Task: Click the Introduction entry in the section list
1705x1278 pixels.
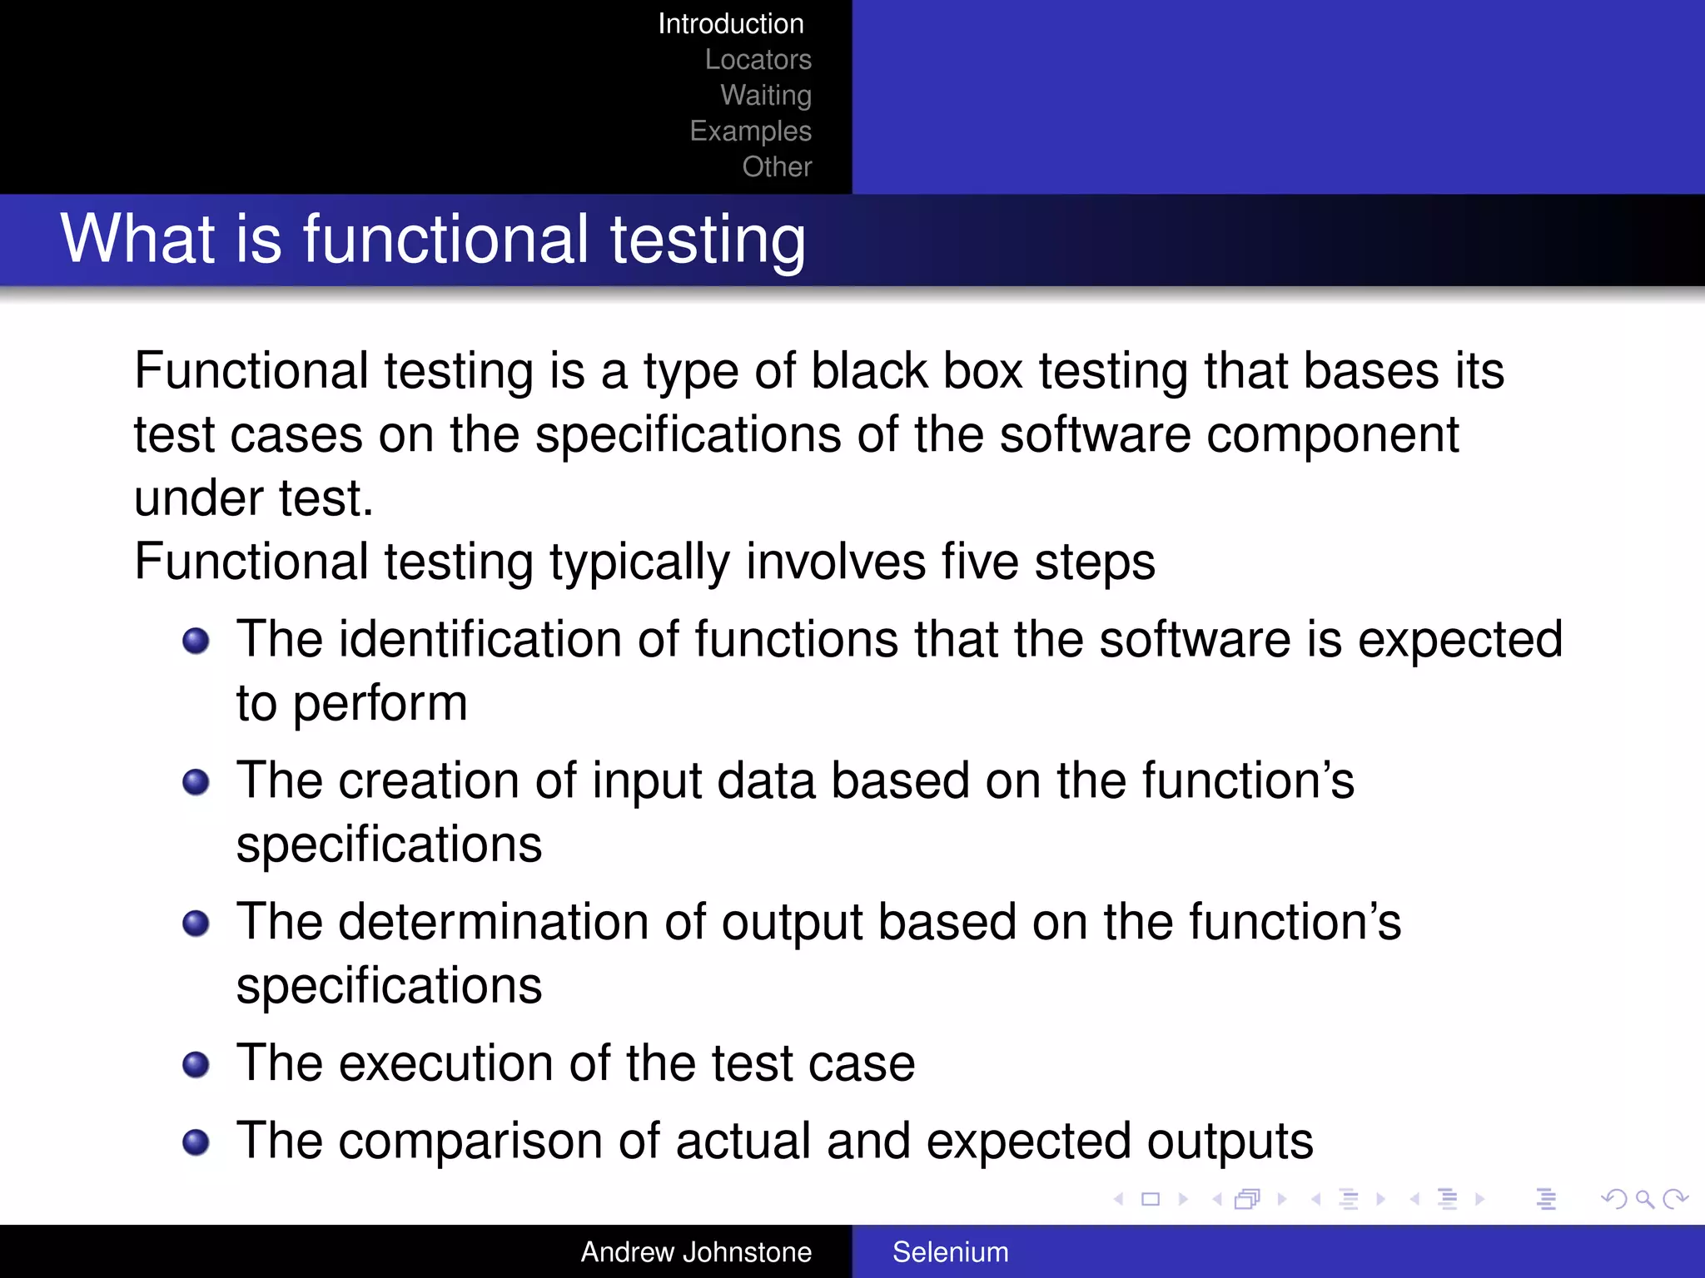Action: (x=730, y=24)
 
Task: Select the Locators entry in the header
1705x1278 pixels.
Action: (x=758, y=60)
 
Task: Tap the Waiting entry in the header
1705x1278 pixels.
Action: (x=765, y=96)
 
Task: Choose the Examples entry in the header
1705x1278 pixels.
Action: (x=750, y=131)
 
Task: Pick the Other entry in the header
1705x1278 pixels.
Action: (x=776, y=167)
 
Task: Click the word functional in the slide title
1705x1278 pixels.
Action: (x=446, y=240)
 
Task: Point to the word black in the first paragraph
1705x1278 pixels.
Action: (x=868, y=371)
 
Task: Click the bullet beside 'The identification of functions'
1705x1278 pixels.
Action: (x=196, y=641)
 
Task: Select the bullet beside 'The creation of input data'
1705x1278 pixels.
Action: (x=196, y=782)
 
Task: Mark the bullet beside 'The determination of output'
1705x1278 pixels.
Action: (x=196, y=924)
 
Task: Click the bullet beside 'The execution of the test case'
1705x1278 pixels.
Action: (x=196, y=1065)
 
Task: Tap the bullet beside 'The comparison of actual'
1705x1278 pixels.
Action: (x=196, y=1142)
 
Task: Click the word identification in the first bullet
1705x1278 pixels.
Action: (x=480, y=640)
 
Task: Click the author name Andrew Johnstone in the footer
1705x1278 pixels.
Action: (x=696, y=1252)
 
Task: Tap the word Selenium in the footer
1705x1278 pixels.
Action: (x=950, y=1252)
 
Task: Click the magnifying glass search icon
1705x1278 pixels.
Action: (x=1644, y=1199)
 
